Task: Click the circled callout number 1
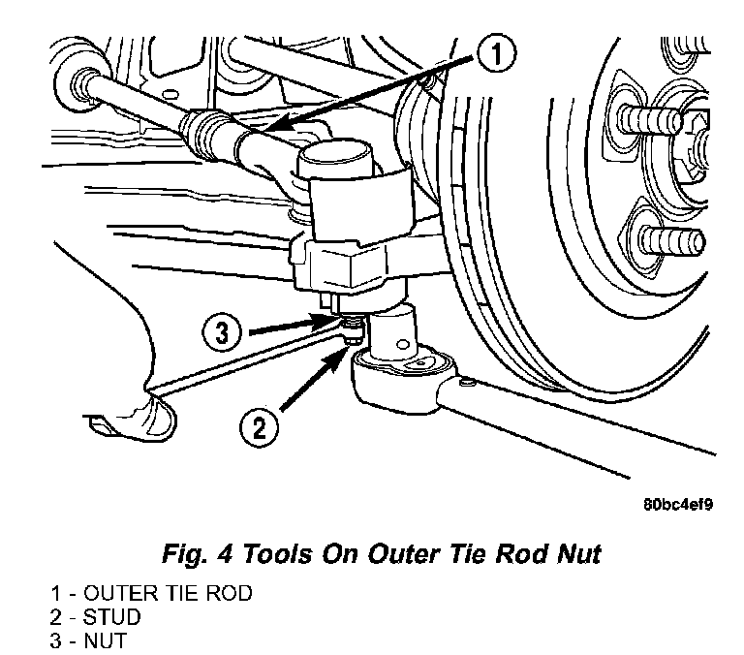coord(496,54)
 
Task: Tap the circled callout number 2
coord(259,428)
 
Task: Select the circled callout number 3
coord(222,332)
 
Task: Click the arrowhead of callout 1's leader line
coord(273,126)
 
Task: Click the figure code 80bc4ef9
coord(678,504)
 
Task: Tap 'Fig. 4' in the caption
coord(198,554)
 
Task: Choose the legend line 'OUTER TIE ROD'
coord(168,593)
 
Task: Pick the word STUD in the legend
coord(112,617)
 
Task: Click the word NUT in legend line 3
coord(106,640)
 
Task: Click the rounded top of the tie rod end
coord(334,158)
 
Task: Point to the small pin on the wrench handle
coord(466,381)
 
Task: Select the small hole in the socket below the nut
coord(403,344)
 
